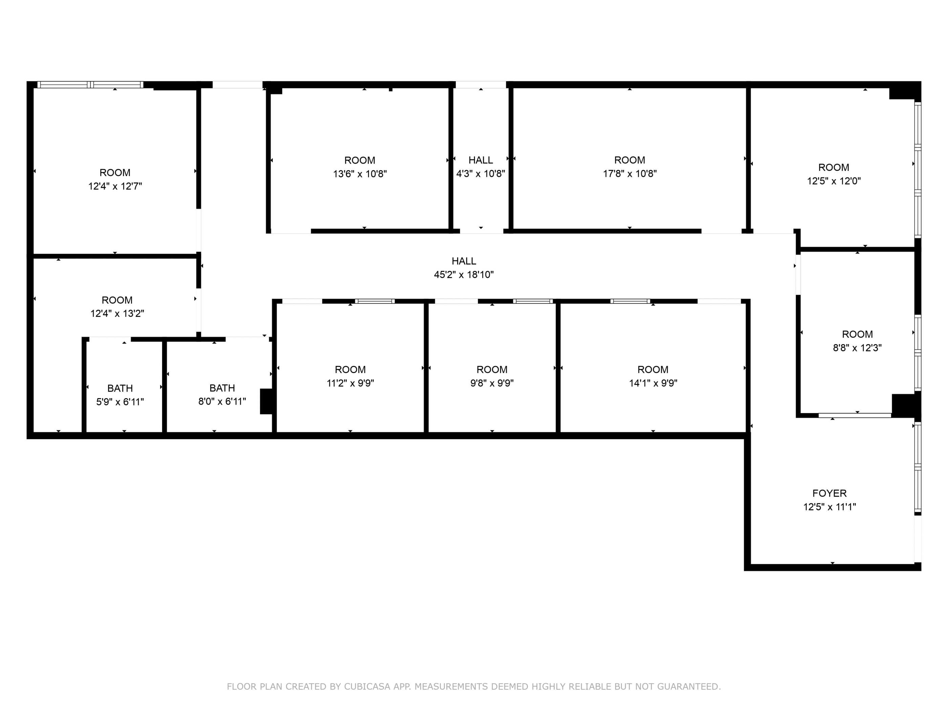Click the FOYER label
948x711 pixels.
(829, 493)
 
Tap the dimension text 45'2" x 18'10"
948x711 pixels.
(464, 275)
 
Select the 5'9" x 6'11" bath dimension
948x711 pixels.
(120, 402)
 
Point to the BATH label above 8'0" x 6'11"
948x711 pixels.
(222, 388)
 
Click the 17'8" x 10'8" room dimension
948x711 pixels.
(629, 174)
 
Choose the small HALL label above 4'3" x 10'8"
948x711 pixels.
(480, 160)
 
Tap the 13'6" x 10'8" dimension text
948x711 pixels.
(360, 174)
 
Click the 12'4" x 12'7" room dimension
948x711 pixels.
(115, 186)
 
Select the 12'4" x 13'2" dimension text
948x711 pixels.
(117, 314)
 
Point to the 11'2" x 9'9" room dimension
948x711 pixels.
(350, 383)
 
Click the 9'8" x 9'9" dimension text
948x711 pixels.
(492, 383)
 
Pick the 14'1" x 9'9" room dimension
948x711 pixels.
(653, 383)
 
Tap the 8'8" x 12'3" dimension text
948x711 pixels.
(857, 348)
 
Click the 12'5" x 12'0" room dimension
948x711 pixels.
(834, 181)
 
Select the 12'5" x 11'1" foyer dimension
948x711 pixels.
(829, 507)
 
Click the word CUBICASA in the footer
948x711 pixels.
(367, 687)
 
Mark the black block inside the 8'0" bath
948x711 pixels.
(266, 402)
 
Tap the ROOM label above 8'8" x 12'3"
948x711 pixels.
(857, 334)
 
